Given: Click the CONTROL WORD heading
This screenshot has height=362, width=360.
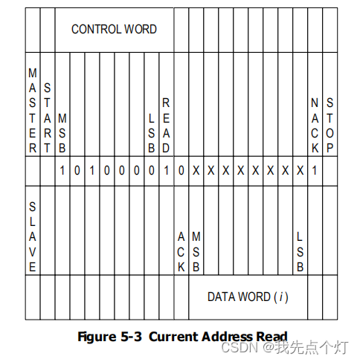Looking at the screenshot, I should tap(114, 29).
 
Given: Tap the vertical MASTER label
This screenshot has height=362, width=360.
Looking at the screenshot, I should tap(32, 110).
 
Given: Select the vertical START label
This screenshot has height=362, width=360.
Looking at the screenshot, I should tap(47, 117).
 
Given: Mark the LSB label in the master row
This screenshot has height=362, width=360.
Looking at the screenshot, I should tap(151, 132).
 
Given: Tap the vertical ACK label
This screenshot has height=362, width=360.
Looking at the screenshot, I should tap(181, 251).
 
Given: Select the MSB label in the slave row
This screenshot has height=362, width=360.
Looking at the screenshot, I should tap(196, 251).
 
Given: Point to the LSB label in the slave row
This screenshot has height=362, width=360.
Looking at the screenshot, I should tap(300, 251).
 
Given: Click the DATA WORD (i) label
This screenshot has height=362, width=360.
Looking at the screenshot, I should tap(248, 297).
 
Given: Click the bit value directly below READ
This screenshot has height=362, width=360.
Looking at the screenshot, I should tap(166, 170).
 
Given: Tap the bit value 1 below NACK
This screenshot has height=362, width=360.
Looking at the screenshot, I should tap(315, 170).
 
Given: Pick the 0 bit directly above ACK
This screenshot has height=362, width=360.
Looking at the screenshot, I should tap(181, 170).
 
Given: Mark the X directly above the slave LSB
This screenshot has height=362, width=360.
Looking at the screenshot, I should tap(300, 170).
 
